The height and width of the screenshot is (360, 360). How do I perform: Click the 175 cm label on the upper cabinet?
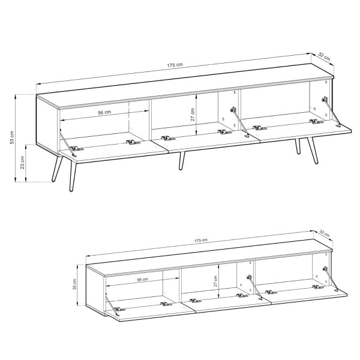175,65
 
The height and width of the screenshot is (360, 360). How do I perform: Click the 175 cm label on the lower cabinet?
201,241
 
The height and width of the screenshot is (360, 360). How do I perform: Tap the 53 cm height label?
12,138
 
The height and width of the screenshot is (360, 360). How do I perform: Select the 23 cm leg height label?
23,163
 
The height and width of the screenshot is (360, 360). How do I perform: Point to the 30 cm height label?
74,284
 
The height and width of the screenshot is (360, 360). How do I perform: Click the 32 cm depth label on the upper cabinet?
324,57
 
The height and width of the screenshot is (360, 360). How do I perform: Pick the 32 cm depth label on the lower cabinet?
325,233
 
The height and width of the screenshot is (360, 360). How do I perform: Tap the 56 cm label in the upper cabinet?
104,113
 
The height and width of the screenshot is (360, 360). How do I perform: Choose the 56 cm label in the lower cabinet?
142,280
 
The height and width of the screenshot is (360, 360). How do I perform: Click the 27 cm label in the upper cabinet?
193,115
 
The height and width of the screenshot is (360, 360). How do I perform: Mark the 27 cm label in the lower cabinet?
215,281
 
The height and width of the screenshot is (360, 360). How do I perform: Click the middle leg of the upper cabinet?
182,161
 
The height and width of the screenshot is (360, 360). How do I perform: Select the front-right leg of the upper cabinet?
313,151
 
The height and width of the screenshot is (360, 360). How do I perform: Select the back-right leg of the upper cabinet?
298,146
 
